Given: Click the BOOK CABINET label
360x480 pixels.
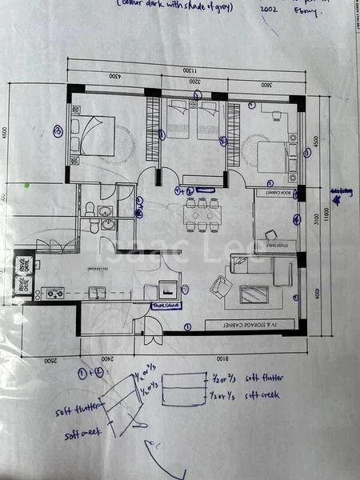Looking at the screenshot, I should (x=274, y=193).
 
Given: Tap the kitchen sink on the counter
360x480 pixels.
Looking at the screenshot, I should (x=96, y=292).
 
